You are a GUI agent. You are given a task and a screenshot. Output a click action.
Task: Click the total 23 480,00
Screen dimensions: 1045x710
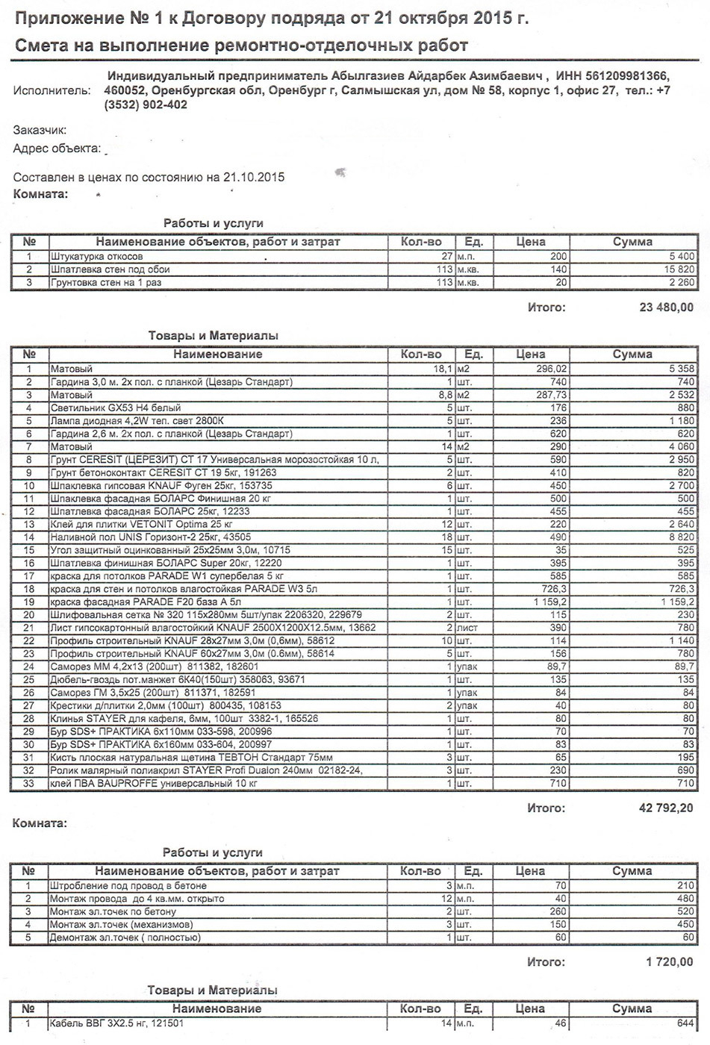point(664,307)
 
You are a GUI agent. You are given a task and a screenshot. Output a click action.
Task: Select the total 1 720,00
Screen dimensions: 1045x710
point(670,962)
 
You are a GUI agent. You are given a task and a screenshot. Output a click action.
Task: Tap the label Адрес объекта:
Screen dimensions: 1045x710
point(57,149)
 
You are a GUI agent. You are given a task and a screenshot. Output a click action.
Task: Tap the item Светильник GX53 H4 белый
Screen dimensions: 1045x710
point(115,408)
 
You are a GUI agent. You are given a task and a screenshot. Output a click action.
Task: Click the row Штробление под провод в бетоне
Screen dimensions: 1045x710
point(128,885)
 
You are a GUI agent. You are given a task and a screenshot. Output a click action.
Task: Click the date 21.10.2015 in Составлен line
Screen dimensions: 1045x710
point(253,178)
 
